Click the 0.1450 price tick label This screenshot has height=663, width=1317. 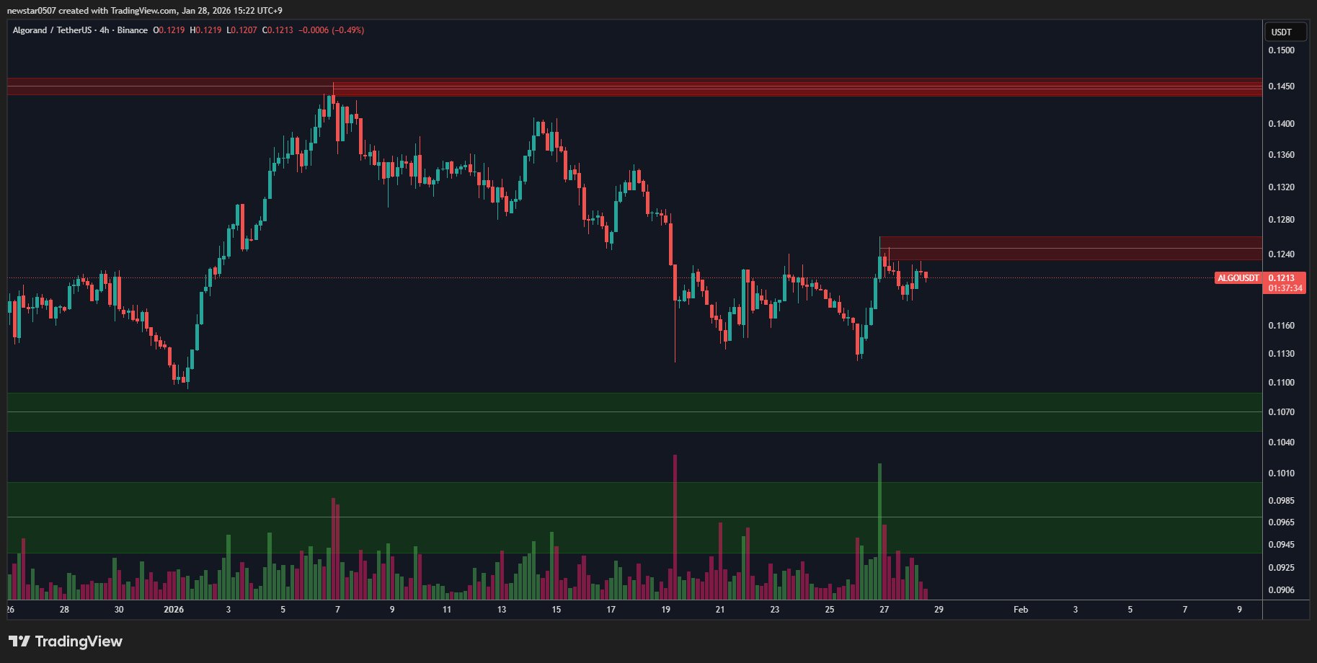pos(1281,86)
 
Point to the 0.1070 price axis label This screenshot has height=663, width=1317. pos(1281,412)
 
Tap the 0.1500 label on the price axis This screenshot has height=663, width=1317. pos(1281,50)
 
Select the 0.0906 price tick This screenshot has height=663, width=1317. pos(1281,590)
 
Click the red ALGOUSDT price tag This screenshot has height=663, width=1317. pos(1238,278)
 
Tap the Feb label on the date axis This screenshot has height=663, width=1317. pos(1020,610)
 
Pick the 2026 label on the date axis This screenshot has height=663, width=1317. pos(174,610)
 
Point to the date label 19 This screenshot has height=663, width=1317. pos(665,610)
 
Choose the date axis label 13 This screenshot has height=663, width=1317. pos(502,610)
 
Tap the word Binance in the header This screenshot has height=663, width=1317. pos(133,30)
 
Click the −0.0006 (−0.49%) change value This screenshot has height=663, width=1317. pos(331,30)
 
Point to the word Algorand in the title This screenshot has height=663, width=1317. pos(30,30)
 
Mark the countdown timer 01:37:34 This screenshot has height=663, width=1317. pos(1285,288)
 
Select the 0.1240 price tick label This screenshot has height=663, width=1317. pos(1281,254)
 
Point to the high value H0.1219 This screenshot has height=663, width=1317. pos(205,30)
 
